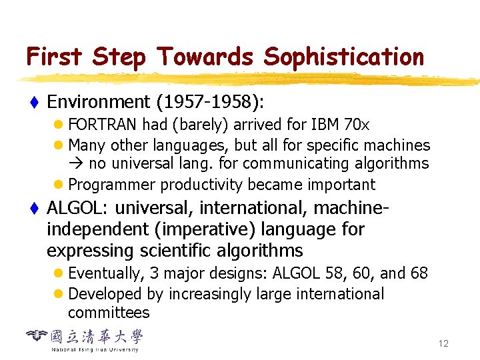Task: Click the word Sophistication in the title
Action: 343,57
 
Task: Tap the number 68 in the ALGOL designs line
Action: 418,273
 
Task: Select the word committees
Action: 109,313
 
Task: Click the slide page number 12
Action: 443,344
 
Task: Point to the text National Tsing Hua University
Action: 95,349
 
